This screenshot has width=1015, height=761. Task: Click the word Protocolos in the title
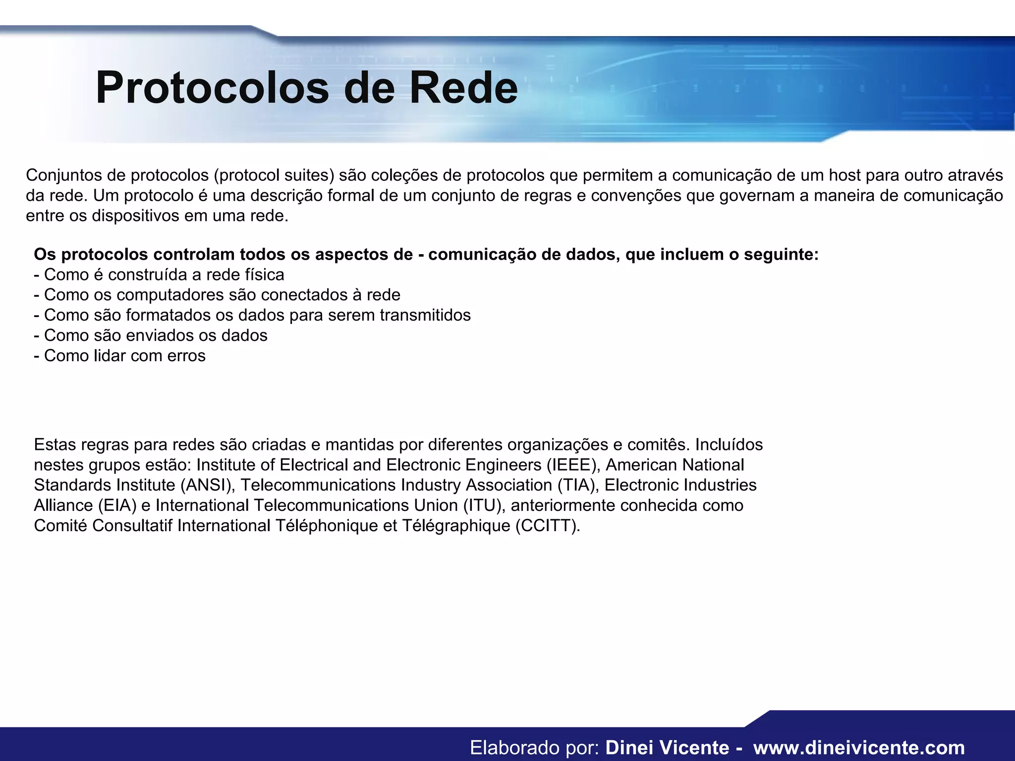point(212,88)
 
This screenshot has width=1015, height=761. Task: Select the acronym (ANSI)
point(208,485)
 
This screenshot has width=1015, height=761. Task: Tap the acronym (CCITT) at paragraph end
point(547,526)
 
